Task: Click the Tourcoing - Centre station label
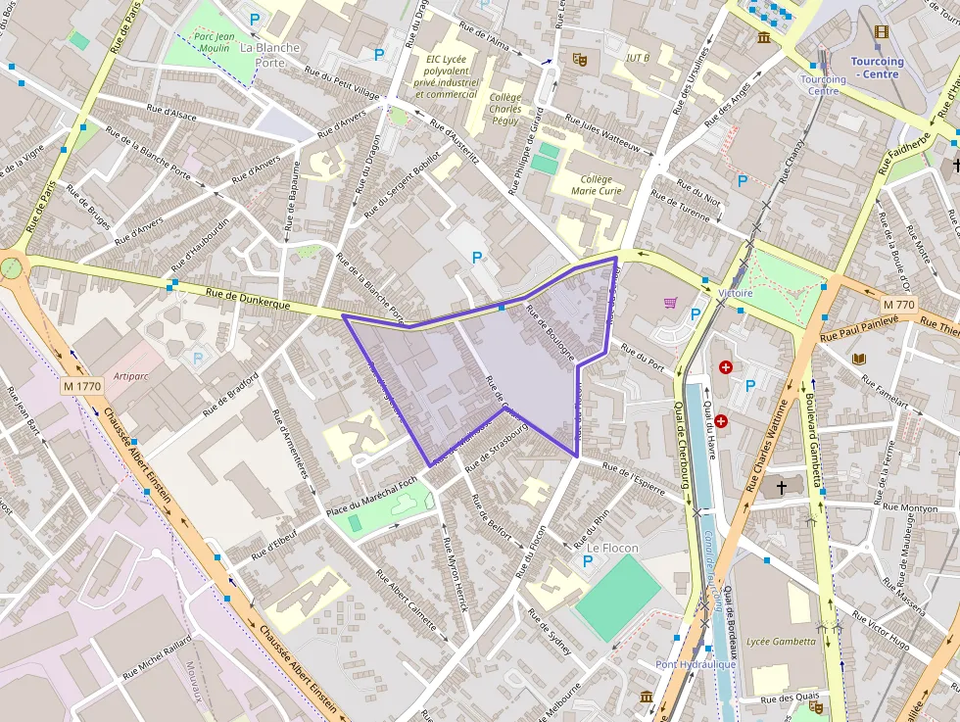(x=878, y=68)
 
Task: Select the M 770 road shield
(x=897, y=305)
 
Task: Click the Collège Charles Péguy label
(x=505, y=110)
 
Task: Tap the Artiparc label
(x=130, y=375)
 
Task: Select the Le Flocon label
(x=613, y=548)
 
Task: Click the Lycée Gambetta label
(x=780, y=642)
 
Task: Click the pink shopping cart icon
(x=671, y=303)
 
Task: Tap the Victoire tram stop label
(x=735, y=293)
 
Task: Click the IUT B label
(x=638, y=58)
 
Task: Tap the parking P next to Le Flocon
(x=588, y=561)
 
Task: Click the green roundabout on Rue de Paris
(x=11, y=266)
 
